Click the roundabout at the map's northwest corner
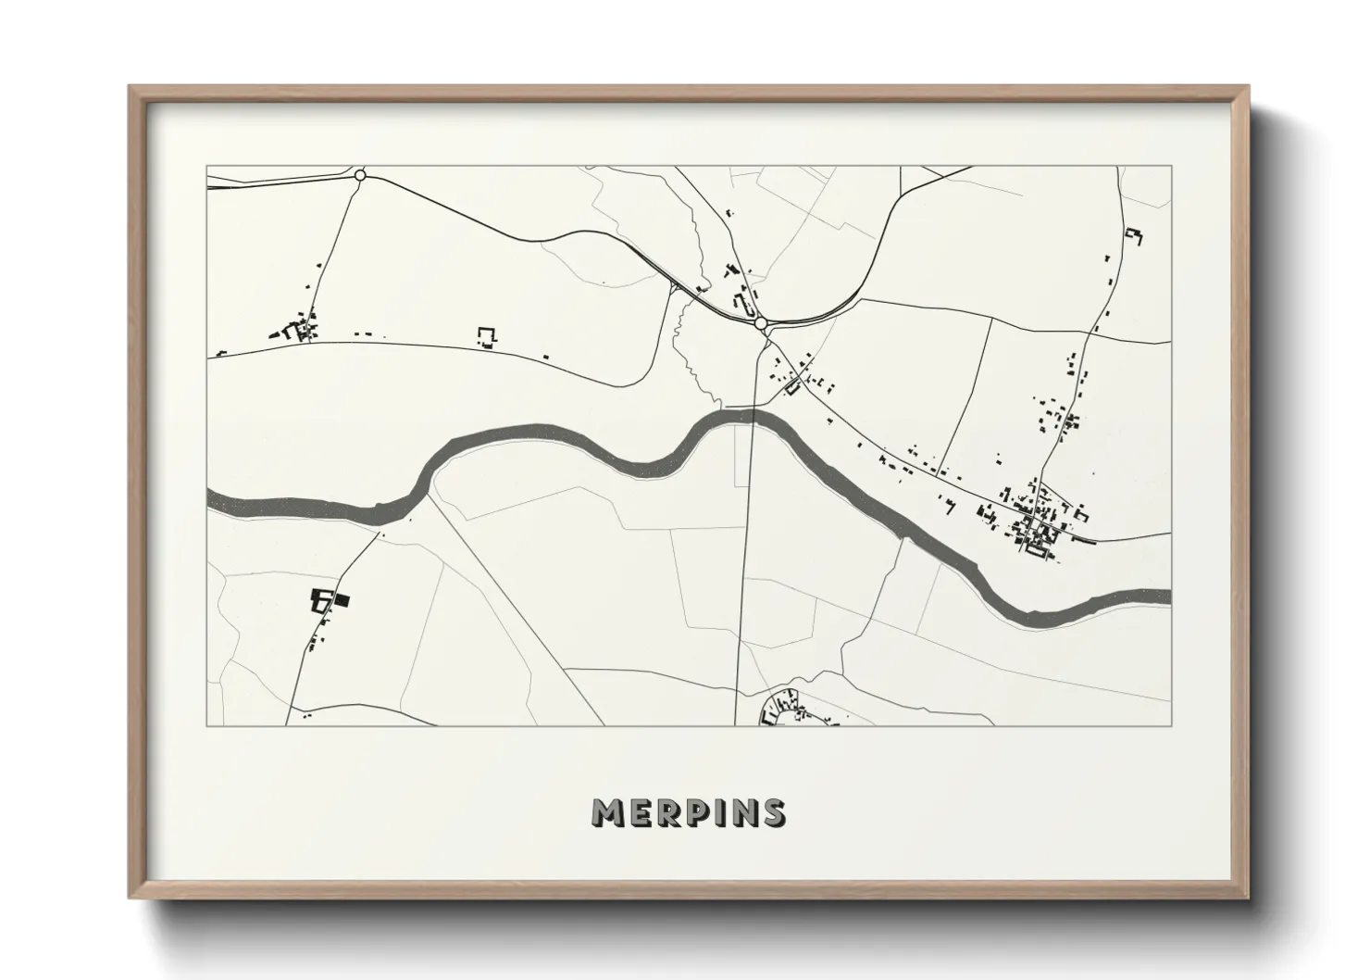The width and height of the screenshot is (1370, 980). (x=360, y=174)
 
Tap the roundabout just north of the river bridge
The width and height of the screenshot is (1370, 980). (x=761, y=323)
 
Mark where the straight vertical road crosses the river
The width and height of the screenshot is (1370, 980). (x=753, y=416)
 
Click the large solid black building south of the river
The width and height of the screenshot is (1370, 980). (x=342, y=600)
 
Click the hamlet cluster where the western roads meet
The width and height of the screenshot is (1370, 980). (x=298, y=329)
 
